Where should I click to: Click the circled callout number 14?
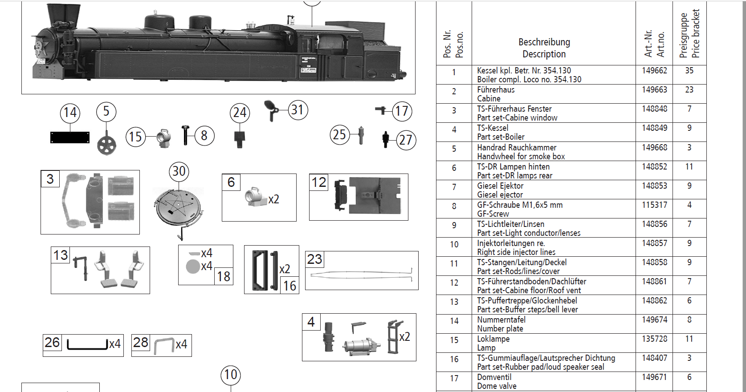pyautogui.click(x=70, y=113)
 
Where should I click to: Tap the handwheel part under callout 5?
pyautogui.click(x=106, y=145)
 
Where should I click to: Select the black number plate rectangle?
pyautogui.click(x=70, y=137)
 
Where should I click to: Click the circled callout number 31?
pyautogui.click(x=298, y=110)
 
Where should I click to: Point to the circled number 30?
pyautogui.click(x=179, y=171)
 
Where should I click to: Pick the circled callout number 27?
pyautogui.click(x=405, y=140)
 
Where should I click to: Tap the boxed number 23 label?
pyautogui.click(x=314, y=259)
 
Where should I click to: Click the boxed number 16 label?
pyautogui.click(x=289, y=286)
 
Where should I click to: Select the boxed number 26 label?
pyautogui.click(x=52, y=343)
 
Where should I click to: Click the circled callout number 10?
pyautogui.click(x=231, y=375)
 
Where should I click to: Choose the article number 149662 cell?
pyautogui.click(x=654, y=71)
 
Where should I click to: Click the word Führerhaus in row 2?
pyautogui.click(x=496, y=90)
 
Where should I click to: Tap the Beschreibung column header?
pyautogui.click(x=544, y=42)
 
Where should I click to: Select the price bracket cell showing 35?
pyautogui.click(x=689, y=71)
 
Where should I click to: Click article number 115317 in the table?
pyautogui.click(x=654, y=205)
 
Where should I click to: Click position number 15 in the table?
pyautogui.click(x=454, y=340)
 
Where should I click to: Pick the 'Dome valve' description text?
pyautogui.click(x=497, y=386)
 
